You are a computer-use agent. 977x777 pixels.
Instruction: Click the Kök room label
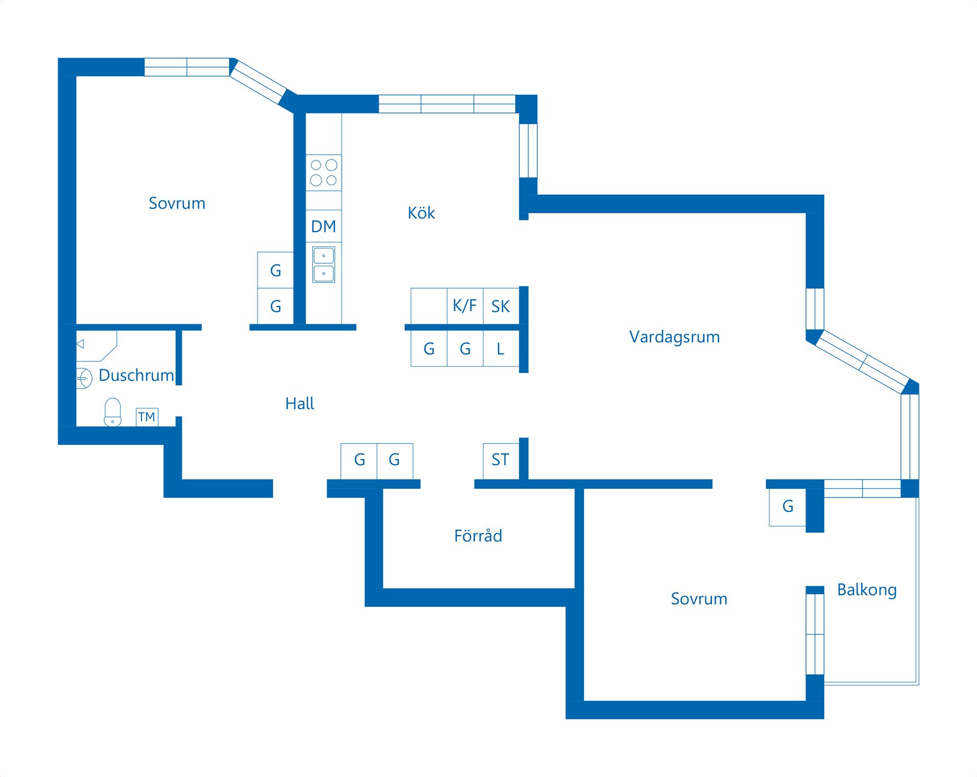point(421,213)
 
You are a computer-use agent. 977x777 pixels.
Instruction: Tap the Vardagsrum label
point(674,337)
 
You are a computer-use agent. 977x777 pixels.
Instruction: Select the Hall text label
point(299,404)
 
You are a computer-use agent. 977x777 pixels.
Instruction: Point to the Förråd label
point(478,536)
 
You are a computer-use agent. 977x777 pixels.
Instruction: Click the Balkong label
point(867,590)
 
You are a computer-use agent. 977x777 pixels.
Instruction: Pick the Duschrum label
point(136,375)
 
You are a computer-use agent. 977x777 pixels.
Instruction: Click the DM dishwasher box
point(324,226)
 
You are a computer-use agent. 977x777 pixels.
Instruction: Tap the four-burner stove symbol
point(324,173)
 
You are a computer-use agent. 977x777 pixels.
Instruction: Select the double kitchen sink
point(324,264)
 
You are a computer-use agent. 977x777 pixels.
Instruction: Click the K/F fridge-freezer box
point(465,306)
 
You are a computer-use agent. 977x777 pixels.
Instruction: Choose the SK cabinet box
point(501,306)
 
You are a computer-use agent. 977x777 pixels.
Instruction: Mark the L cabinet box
point(501,349)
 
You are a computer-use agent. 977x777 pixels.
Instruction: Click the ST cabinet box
point(500,460)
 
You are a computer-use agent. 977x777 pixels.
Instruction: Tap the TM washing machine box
point(147,417)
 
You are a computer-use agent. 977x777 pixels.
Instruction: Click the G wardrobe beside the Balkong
point(788,507)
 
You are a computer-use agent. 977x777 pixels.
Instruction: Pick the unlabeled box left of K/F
point(429,306)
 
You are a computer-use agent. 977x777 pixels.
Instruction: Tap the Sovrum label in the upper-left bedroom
point(177,203)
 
